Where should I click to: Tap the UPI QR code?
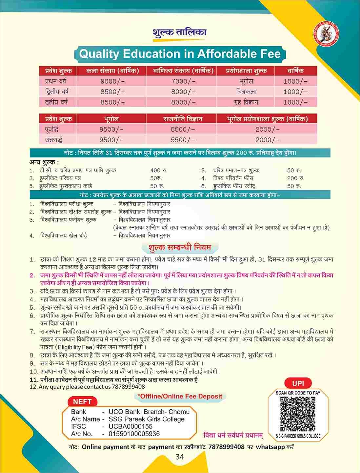tap(298, 414)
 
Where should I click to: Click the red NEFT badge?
tap(82, 401)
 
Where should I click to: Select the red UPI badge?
tap(298, 383)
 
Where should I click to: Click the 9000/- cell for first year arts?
tap(112, 81)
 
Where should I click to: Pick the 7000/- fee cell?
tap(183, 81)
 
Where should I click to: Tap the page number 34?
tap(180, 457)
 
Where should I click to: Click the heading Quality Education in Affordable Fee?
tap(180, 54)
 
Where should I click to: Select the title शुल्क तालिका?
tap(180, 33)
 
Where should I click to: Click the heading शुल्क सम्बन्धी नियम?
tap(180, 247)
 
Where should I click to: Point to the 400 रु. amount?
tap(159, 170)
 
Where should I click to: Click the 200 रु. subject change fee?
tap(296, 178)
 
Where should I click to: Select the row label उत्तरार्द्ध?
tap(53, 140)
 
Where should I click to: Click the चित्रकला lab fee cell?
tap(246, 92)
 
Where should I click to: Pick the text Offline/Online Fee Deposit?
tap(180, 396)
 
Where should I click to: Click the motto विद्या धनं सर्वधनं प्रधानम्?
tap(233, 435)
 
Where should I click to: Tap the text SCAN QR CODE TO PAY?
tap(298, 393)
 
